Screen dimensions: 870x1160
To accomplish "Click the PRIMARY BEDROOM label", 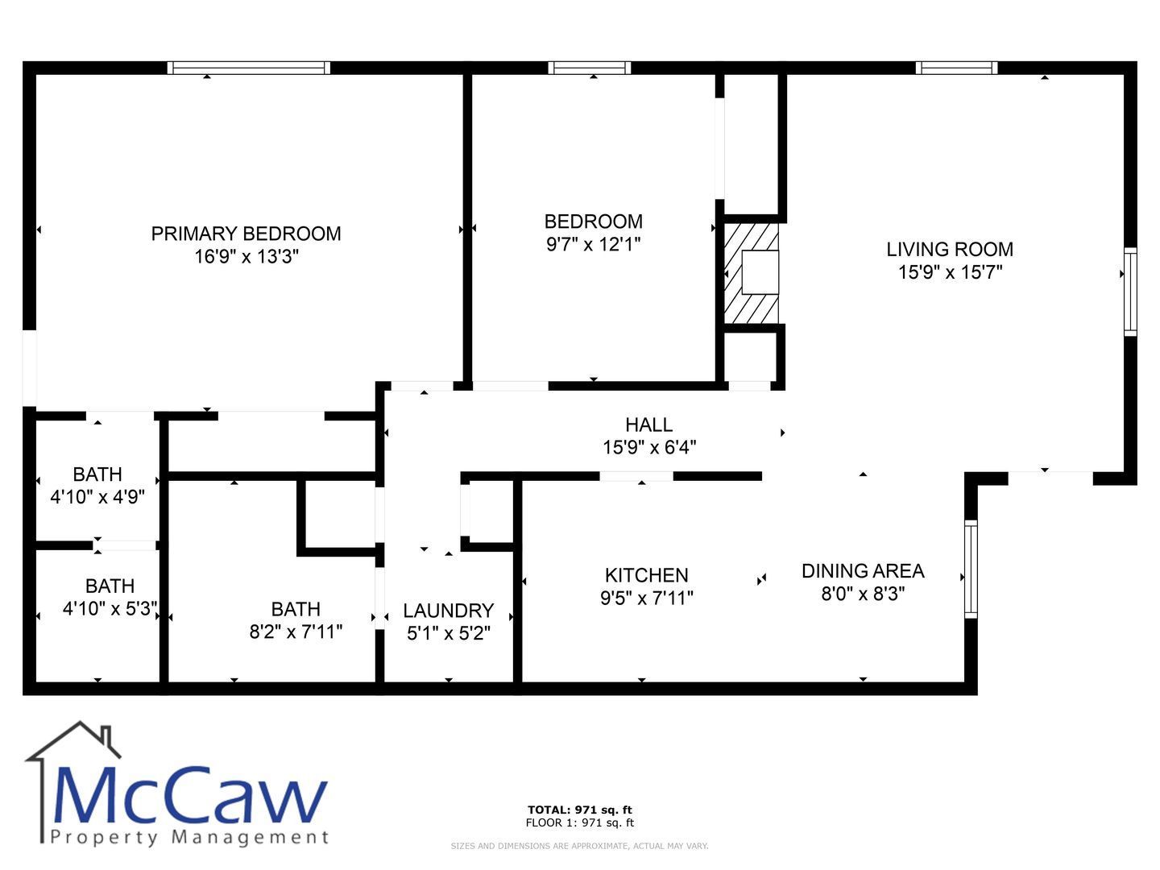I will click(x=246, y=234).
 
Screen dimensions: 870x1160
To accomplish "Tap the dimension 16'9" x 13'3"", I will click(x=246, y=257).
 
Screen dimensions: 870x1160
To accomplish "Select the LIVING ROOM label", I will click(x=950, y=250).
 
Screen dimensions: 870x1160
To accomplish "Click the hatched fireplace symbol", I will click(x=752, y=274).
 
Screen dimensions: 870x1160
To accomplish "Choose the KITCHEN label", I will click(x=646, y=575).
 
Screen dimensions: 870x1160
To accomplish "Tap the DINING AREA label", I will click(x=863, y=571).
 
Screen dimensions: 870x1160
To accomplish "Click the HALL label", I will click(x=648, y=425).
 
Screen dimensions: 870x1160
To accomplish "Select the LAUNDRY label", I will click(x=448, y=611).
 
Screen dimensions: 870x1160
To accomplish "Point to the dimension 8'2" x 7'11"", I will click(x=296, y=632).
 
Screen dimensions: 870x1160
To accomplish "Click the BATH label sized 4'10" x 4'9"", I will click(x=97, y=474).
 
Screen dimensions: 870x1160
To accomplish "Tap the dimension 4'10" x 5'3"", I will click(x=110, y=608).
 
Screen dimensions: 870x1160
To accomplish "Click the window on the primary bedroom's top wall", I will click(x=248, y=68).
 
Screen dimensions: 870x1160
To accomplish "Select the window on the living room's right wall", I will click(x=1130, y=292).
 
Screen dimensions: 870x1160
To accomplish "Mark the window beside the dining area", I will click(x=971, y=569).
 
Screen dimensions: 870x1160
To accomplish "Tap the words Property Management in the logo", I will click(x=188, y=837).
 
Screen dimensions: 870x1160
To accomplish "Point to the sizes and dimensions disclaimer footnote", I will click(x=579, y=846).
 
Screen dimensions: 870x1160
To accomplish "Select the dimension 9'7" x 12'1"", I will click(x=594, y=244).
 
